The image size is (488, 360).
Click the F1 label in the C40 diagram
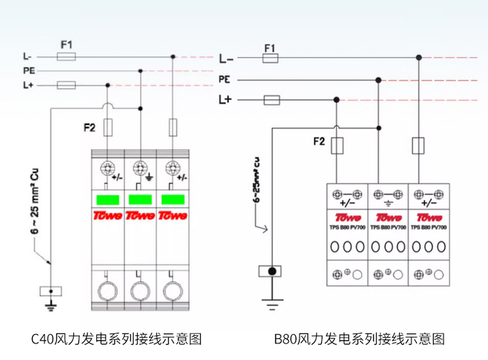tap(66, 45)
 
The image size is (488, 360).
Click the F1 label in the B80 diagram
tap(270, 48)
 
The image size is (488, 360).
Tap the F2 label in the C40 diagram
tap(90, 128)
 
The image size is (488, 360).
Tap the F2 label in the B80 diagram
tap(319, 141)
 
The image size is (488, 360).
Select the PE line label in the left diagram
tap(29, 71)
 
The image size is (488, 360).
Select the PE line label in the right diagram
tap(224, 79)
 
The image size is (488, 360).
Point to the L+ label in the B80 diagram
tap(226, 100)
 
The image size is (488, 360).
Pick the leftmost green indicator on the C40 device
tap(107, 199)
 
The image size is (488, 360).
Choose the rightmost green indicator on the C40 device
tap(172, 199)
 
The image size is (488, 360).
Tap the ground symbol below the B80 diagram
tap(273, 301)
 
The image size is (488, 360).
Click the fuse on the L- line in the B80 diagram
tap(271, 59)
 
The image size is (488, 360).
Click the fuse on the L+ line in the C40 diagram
tap(66, 85)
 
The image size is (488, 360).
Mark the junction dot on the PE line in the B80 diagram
tap(378, 79)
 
